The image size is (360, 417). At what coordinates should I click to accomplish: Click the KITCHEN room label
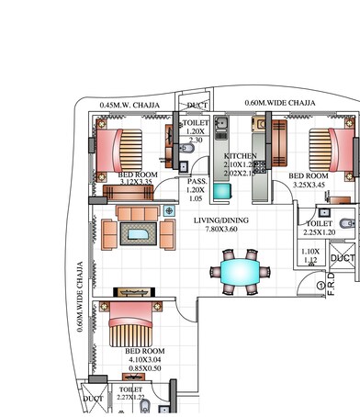click(241, 156)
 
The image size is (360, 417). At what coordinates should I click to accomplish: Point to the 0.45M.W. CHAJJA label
click(129, 105)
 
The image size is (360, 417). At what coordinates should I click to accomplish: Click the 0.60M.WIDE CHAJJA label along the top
click(280, 103)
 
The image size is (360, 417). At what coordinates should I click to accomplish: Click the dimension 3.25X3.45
click(308, 185)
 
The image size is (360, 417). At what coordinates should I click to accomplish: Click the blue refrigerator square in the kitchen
click(222, 192)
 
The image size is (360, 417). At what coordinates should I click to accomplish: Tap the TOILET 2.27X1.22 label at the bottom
click(130, 392)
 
